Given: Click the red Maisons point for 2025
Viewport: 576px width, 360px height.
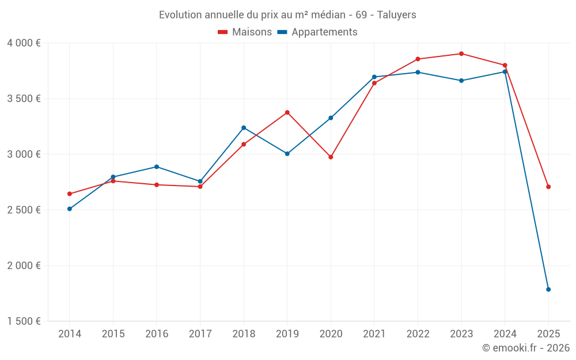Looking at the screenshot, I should coord(548,187).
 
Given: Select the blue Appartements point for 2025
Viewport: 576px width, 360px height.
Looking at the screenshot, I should coord(548,289).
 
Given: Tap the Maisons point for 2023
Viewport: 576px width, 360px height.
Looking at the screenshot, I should coord(461,54).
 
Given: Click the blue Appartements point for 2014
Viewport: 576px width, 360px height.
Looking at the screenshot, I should coord(69,209).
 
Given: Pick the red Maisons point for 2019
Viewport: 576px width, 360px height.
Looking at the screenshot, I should coord(287,112).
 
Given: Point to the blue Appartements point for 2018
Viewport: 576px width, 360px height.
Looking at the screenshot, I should coord(244,127).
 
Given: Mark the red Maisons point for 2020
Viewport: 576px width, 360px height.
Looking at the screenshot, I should coord(331,157).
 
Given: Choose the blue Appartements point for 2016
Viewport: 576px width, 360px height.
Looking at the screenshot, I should coord(157,166).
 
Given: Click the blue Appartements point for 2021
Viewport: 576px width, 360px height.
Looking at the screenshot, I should coord(374,77).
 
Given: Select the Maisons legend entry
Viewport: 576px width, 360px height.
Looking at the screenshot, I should coord(245,32).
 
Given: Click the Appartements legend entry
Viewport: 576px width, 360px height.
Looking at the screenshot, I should coord(318,32).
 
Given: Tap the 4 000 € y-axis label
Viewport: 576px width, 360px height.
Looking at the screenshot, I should coord(24,43).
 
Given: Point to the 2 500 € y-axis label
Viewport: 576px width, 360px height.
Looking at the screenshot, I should coord(24,210).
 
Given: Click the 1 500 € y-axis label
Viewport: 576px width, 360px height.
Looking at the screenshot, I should coord(24,321).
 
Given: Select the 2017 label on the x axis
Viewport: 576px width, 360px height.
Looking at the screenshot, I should coord(200,334).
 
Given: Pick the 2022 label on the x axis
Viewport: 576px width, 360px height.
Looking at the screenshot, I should coord(418,334).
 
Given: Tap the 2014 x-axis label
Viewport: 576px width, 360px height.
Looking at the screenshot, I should coord(69,334).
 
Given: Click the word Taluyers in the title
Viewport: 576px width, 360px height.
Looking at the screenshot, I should coord(396,15).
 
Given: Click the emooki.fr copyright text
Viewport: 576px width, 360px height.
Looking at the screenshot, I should coord(525,348).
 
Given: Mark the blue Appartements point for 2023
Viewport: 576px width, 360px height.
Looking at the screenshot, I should coord(461,81).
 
